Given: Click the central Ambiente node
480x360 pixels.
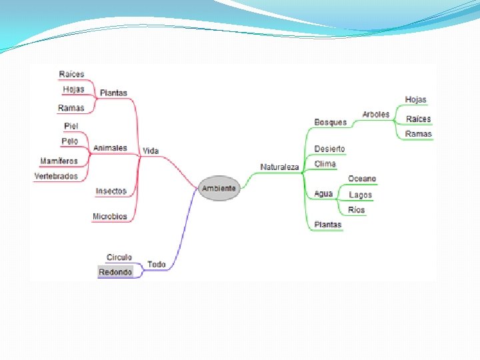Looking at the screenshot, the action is point(218,189).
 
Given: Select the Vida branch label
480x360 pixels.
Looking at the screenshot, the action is point(151,151).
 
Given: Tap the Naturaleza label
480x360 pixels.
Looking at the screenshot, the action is point(280,167).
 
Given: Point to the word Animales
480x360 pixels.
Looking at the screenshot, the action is point(110,148).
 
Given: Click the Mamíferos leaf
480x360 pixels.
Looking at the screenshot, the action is point(59,161).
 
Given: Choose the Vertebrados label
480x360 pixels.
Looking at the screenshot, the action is point(56,177).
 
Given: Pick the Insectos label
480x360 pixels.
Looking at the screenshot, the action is point(111,191).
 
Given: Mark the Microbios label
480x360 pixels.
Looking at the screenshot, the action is point(110,217).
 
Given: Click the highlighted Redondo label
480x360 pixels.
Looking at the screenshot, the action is point(115,272).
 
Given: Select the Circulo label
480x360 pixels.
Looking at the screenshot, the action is point(119,257).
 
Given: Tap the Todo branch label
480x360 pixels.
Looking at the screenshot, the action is point(157,265).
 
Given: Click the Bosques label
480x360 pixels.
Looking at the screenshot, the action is point(331,122).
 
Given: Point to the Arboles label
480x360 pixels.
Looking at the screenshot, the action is point(376,115).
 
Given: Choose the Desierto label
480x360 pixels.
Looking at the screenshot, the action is point(330,149).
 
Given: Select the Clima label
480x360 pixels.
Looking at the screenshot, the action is point(325,164).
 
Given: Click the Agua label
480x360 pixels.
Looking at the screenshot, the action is point(323,194).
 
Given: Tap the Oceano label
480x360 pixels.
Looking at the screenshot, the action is point(362,179).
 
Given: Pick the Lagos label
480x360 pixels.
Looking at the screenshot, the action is point(361,195).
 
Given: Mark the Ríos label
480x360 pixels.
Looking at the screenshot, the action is point(357,210).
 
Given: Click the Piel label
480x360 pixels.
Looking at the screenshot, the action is point(71,126).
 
